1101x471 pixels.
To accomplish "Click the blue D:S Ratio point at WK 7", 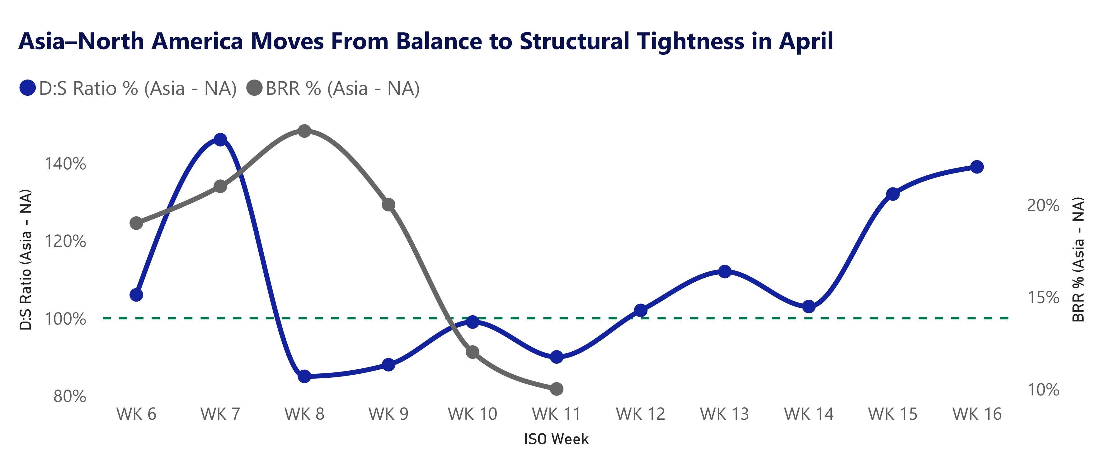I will click(x=220, y=140).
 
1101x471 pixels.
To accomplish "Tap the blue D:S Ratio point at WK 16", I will click(x=976, y=167).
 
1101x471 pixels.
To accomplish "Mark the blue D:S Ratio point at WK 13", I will click(x=724, y=271).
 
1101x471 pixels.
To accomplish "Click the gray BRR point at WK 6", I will click(x=136, y=223).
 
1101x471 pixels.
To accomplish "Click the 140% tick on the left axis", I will click(x=65, y=164).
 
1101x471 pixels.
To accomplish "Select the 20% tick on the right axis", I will click(x=1043, y=206).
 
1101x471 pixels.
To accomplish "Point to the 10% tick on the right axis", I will click(x=1043, y=390).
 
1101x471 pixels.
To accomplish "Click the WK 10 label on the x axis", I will click(x=472, y=414).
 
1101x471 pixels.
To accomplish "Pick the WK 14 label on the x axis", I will click(x=808, y=414).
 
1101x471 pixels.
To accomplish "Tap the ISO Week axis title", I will click(x=556, y=439).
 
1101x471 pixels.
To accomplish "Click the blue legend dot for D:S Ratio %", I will click(x=27, y=88).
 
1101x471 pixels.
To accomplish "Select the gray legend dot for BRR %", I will click(x=255, y=88).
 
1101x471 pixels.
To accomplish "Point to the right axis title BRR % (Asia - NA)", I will click(x=1078, y=259).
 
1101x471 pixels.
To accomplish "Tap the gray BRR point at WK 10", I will click(x=472, y=352).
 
